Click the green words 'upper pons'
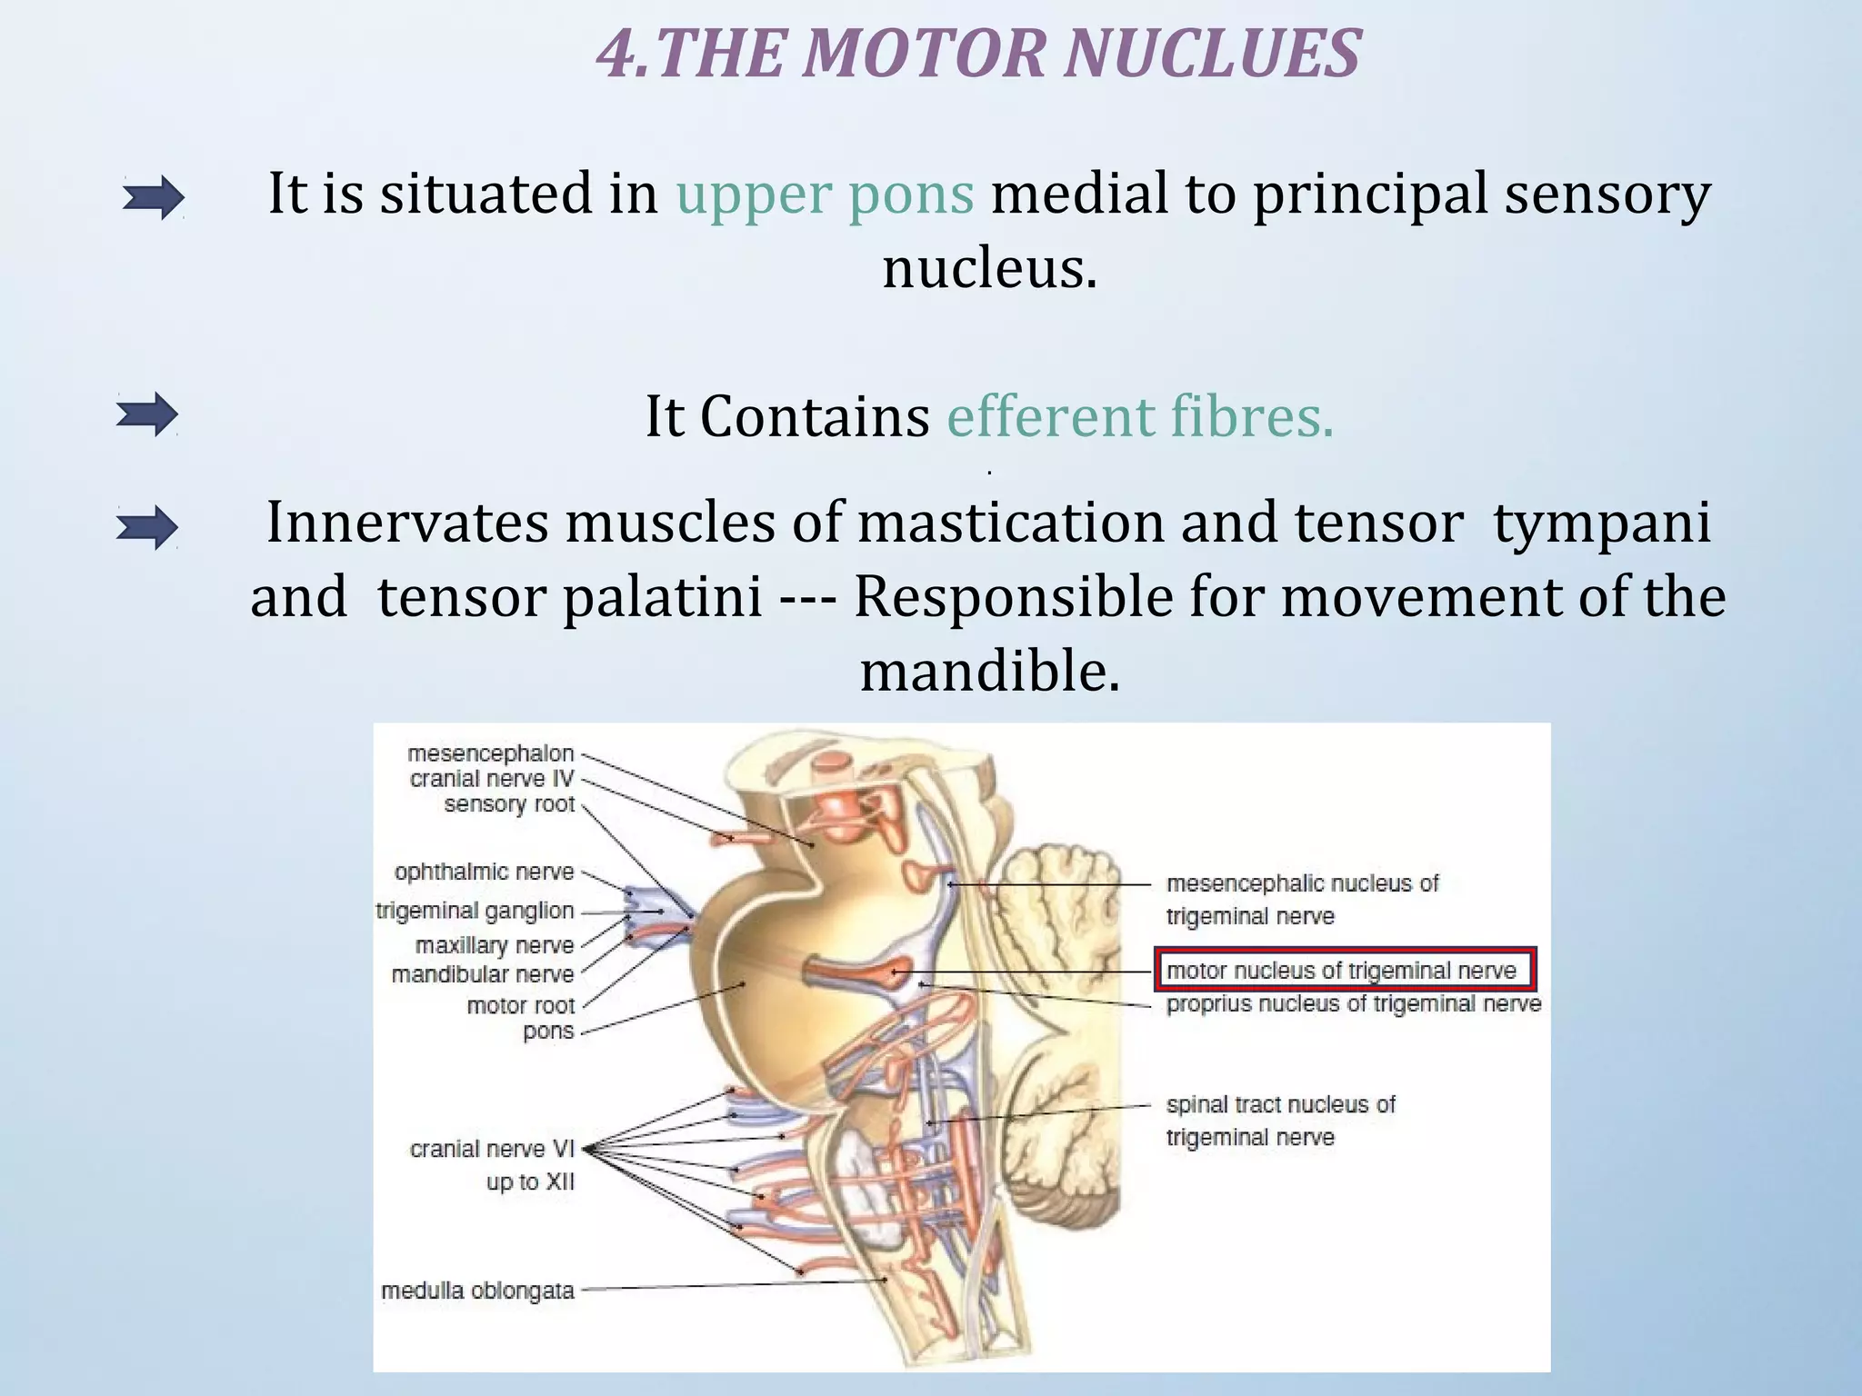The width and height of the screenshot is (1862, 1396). coord(825,194)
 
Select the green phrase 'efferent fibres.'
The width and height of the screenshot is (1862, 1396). coord(1140,417)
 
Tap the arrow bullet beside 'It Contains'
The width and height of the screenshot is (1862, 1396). coord(147,415)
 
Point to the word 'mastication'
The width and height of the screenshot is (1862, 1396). coord(1009,523)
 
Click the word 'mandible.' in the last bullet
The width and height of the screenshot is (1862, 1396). coord(989,672)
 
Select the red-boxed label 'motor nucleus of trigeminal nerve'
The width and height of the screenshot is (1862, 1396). coord(1342,971)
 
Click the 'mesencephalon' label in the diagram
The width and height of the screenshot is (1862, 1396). coord(491,753)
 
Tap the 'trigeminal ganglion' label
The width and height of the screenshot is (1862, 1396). coord(476,911)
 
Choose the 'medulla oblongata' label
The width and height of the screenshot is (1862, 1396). coord(477,1291)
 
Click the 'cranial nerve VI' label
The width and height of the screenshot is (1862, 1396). coord(492,1150)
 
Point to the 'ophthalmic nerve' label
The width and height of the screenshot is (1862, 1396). coord(484,872)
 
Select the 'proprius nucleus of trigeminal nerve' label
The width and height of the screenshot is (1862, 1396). coord(1353,1004)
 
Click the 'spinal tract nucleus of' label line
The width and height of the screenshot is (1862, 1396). coord(1280,1105)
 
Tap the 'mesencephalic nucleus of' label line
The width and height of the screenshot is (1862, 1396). coord(1302,883)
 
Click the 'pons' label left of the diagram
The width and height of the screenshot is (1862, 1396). coord(548,1032)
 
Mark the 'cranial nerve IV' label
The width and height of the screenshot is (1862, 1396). coord(492,779)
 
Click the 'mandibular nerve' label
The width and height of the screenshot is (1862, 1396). coord(483,975)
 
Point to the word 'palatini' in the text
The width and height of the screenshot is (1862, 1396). coord(662,598)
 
